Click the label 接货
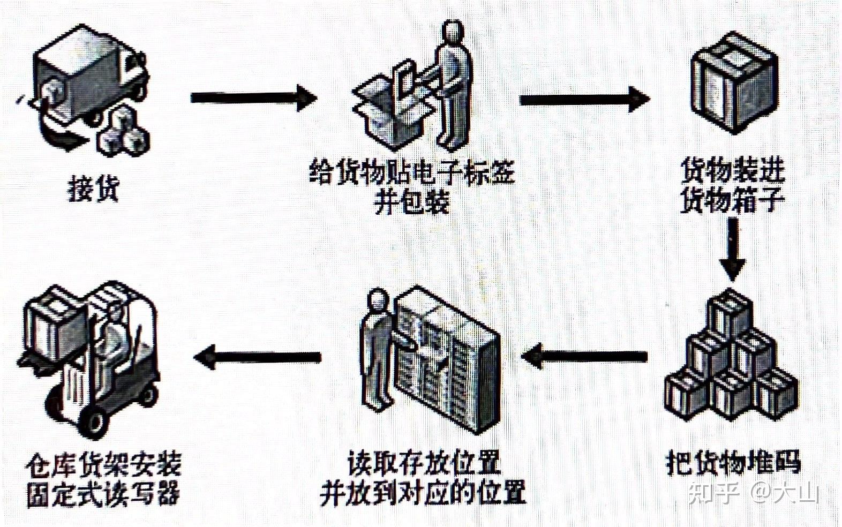93,188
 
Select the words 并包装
411,202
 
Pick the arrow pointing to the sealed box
584,99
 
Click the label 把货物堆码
733,462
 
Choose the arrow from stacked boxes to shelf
584,356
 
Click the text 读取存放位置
423,462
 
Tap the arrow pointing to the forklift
257,356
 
